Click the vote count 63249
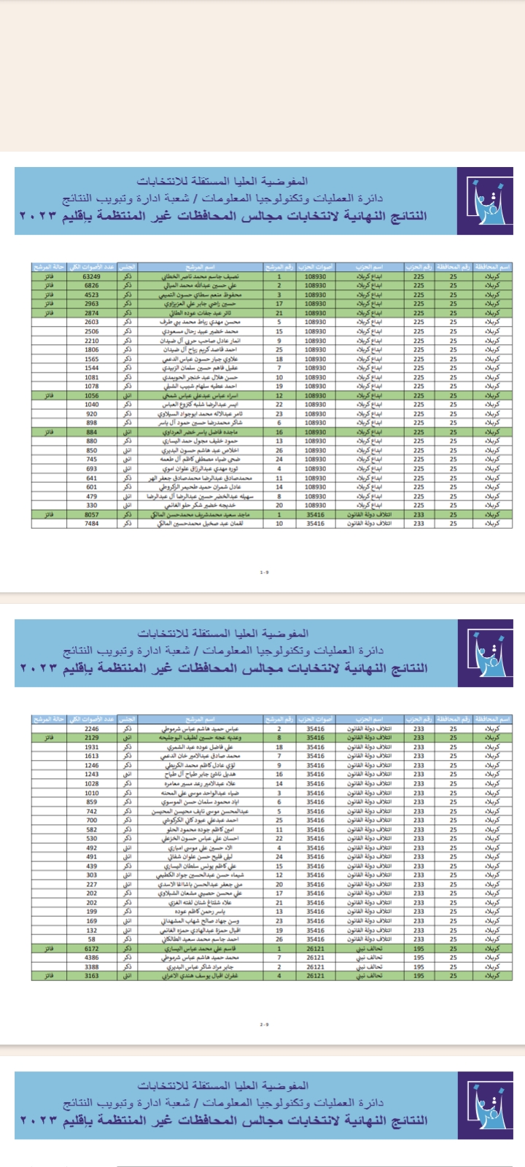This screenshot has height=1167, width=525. tap(92, 276)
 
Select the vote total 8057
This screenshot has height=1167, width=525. tap(92, 514)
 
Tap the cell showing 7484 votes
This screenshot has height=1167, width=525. tap(92, 523)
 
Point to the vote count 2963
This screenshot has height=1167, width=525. tap(92, 303)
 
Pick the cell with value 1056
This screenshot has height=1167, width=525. tap(92, 395)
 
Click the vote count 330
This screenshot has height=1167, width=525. tap(92, 505)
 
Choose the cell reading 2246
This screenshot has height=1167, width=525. tap(92, 729)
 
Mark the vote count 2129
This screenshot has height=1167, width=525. tap(92, 738)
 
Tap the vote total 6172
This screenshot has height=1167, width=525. tap(92, 949)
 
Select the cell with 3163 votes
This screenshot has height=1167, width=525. tap(92, 975)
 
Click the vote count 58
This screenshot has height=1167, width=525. tap(92, 939)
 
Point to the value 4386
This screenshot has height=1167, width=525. tap(92, 958)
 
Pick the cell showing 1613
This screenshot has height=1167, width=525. tap(92, 756)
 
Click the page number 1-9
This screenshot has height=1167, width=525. tap(264, 573)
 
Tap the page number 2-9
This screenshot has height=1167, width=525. tap(264, 1025)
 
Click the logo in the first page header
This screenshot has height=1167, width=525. tap(484, 201)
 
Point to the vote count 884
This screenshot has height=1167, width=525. tap(92, 432)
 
